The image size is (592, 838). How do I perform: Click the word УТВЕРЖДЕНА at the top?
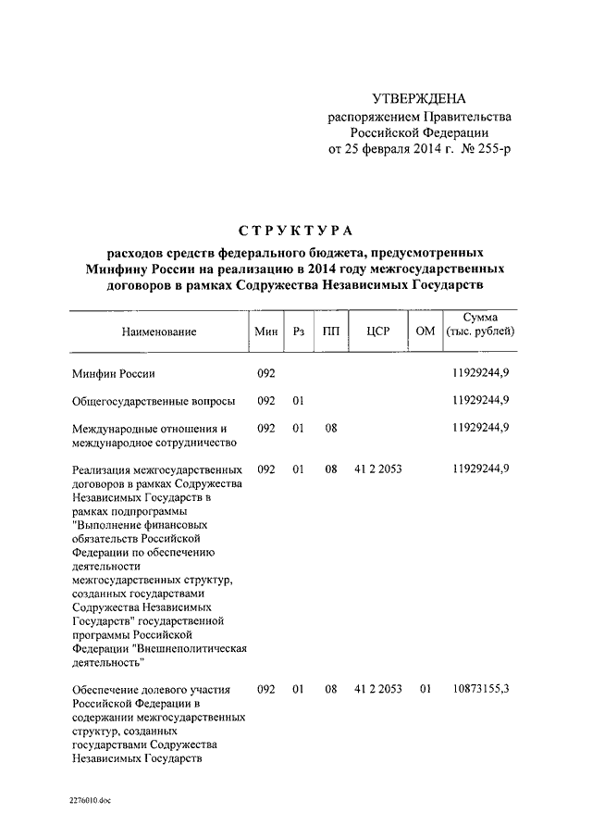tap(419, 98)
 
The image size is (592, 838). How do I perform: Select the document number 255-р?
tap(489, 148)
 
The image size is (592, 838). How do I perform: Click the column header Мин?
tap(266, 331)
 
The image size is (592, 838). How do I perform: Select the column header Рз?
tap(298, 331)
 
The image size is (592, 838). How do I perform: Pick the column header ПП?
tap(330, 331)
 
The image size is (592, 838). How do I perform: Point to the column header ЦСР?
tap(377, 331)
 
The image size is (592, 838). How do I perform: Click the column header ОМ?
tap(425, 331)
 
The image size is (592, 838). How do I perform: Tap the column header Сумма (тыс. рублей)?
tap(479, 324)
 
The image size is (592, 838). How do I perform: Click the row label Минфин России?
tap(113, 373)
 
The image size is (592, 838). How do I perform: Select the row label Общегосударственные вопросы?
tap(153, 401)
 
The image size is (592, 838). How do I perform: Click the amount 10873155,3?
tap(481, 690)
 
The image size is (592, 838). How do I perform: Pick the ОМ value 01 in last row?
tap(425, 690)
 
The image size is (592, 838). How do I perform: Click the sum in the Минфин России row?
tap(481, 373)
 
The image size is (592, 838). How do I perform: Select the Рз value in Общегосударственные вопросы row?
tap(298, 401)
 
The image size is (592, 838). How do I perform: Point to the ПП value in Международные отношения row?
tap(330, 428)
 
